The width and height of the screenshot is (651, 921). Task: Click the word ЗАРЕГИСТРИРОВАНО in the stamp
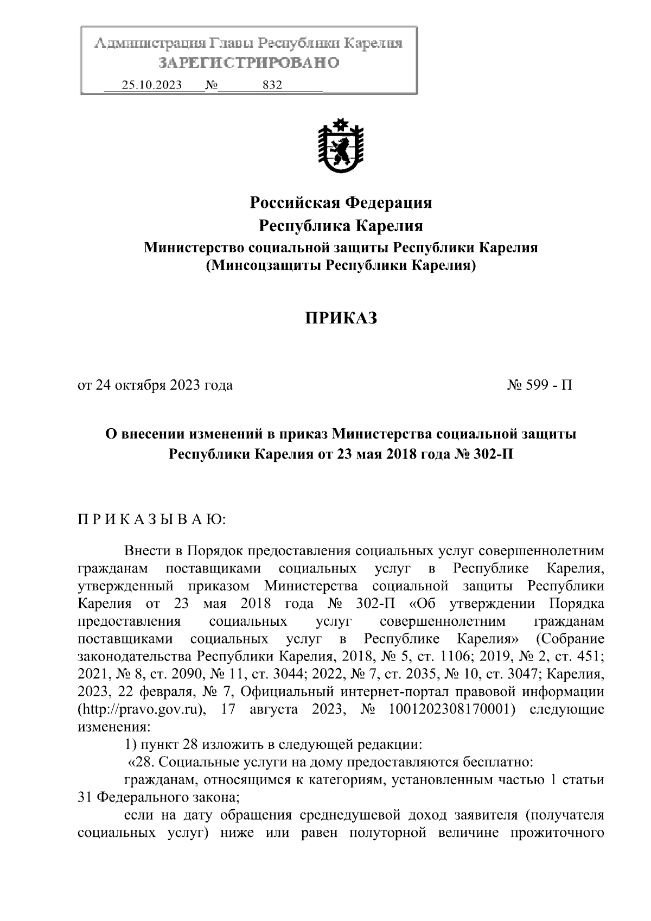click(x=248, y=63)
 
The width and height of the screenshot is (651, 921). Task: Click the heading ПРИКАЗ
click(x=340, y=319)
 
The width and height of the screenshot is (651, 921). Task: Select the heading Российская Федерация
click(x=340, y=203)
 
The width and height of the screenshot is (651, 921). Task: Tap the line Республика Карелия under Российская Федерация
click(x=340, y=225)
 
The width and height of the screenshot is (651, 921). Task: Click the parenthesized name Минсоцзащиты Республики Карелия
click(x=340, y=266)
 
